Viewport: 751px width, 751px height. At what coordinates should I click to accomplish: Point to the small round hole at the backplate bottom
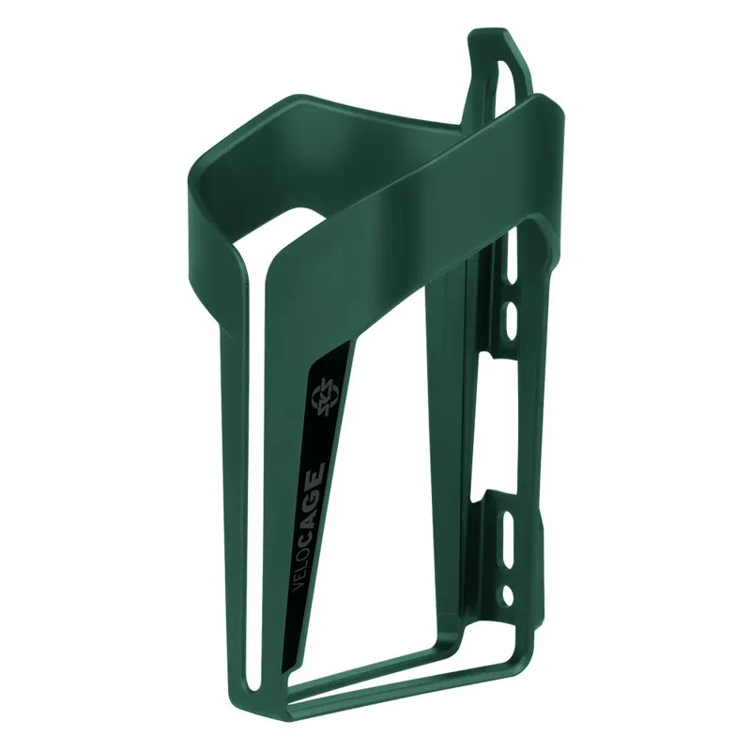click(x=508, y=594)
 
